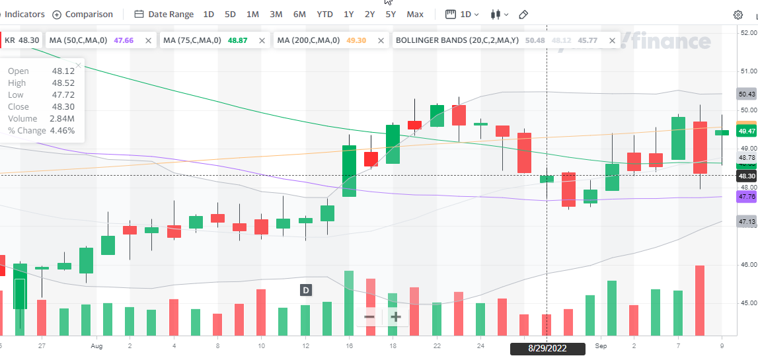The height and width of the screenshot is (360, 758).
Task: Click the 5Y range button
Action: (391, 14)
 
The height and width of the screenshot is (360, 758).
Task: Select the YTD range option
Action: (324, 14)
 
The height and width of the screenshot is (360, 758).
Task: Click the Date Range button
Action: (164, 14)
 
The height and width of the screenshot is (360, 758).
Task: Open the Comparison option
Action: (83, 14)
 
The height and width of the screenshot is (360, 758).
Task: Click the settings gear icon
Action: (738, 15)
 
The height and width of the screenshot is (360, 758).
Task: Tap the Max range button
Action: (415, 14)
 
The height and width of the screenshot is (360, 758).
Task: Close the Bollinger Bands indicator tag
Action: (611, 40)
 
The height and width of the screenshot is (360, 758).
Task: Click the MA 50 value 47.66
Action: (124, 40)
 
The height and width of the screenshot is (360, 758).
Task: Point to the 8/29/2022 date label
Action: (547, 348)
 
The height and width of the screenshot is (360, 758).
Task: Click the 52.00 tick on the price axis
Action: (748, 32)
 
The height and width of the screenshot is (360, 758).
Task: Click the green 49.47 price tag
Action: (747, 131)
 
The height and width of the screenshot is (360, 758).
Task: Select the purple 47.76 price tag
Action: (747, 196)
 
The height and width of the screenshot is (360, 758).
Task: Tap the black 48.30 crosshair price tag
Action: (747, 176)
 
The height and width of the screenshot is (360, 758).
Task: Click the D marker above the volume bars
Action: (306, 290)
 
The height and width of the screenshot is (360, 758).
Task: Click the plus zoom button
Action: (395, 316)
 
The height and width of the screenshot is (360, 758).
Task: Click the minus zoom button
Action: (369, 316)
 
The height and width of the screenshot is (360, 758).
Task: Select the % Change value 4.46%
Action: (63, 131)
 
